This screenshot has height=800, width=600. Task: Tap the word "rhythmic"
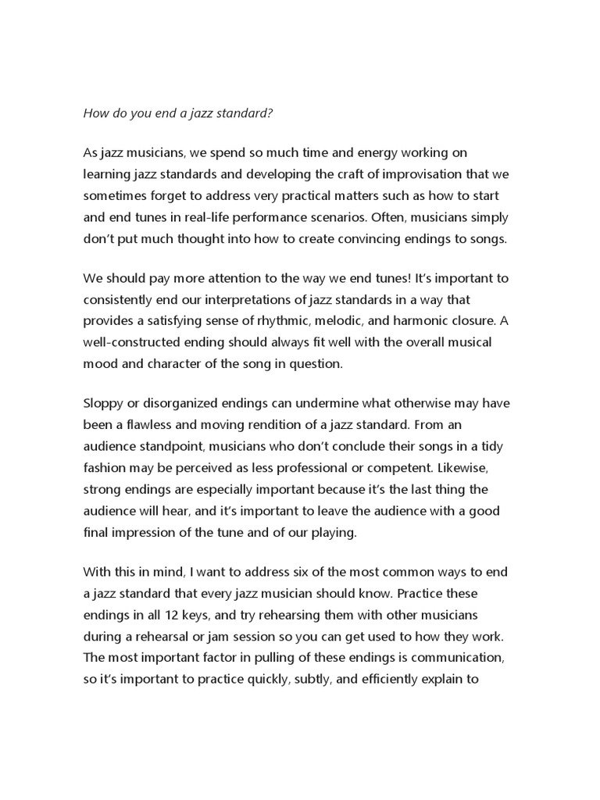[x=306, y=321]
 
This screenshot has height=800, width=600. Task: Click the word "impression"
[x=145, y=532]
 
